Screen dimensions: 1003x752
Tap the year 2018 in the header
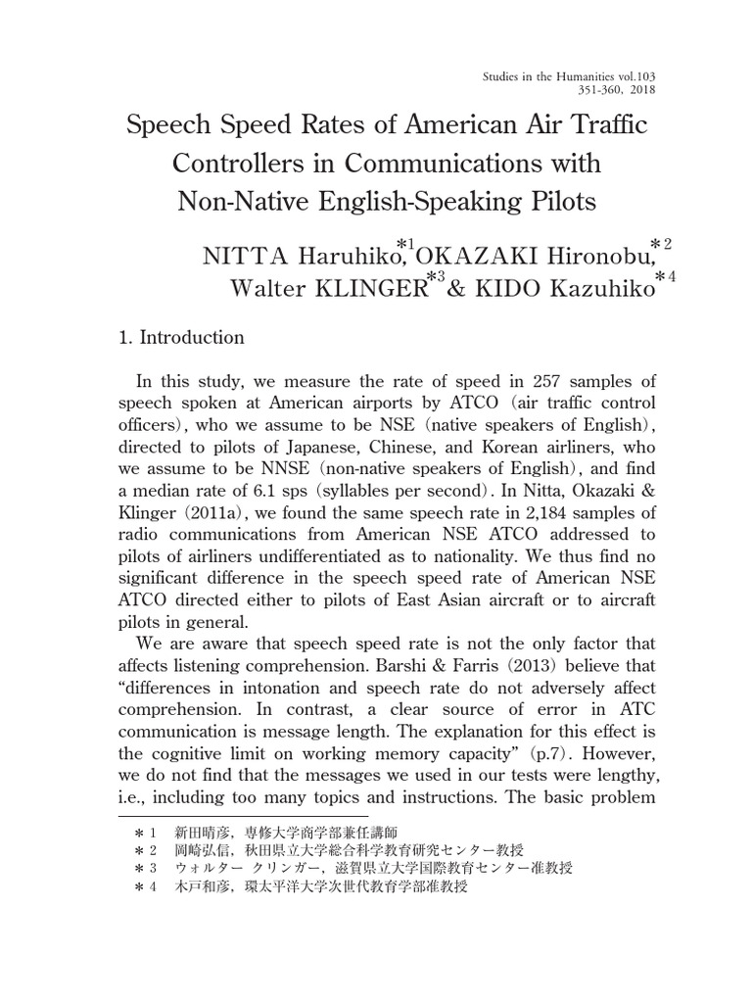[x=640, y=89]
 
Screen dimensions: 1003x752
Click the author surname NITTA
[x=237, y=257]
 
